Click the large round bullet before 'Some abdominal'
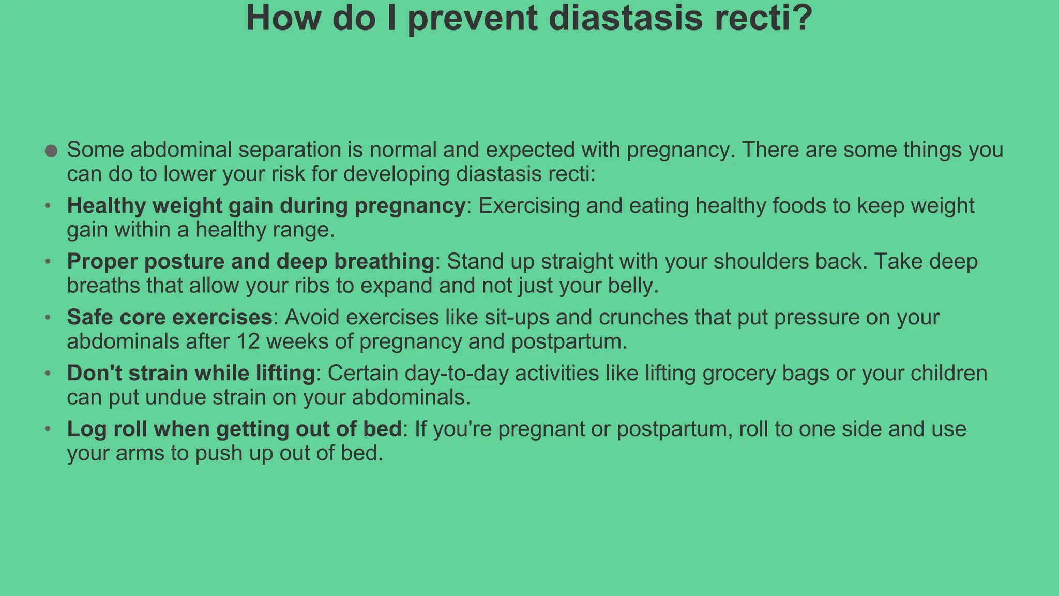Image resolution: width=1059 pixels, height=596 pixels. click(x=51, y=151)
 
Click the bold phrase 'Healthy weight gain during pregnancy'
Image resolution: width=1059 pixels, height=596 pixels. click(x=266, y=206)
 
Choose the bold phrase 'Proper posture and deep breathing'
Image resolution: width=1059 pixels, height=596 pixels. click(x=250, y=262)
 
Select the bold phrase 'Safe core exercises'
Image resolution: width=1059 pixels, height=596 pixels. click(x=170, y=318)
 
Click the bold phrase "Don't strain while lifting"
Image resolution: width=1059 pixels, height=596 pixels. click(x=191, y=374)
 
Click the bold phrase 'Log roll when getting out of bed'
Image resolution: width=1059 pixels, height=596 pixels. click(x=234, y=429)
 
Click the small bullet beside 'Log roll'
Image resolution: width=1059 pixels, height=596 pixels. click(x=48, y=429)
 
